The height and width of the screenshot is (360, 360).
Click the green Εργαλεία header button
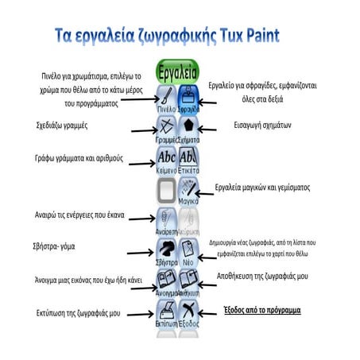pyautogui.click(x=179, y=68)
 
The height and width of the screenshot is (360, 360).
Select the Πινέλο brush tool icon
pyautogui.click(x=166, y=99)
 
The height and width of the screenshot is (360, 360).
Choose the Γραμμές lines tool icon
pyautogui.click(x=166, y=127)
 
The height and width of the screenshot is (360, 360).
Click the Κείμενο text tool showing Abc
pyautogui.click(x=166, y=159)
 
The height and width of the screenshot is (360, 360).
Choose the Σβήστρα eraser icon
pyautogui.click(x=166, y=250)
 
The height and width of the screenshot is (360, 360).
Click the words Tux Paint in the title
pyautogui.click(x=247, y=37)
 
